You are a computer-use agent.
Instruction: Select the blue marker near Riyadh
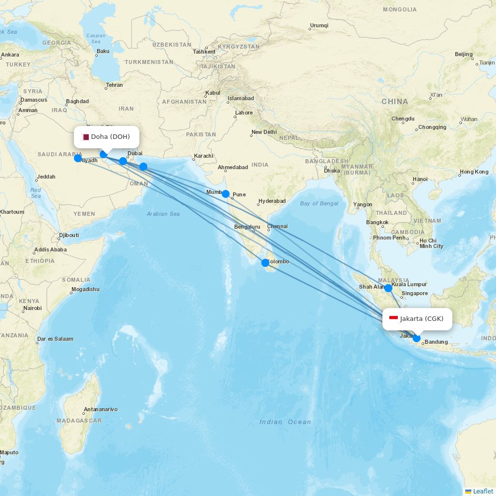pos(78,158)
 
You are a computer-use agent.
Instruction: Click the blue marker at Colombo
pos(265,262)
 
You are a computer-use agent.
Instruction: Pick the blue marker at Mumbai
pos(226,194)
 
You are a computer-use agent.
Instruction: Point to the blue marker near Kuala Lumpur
pos(388,288)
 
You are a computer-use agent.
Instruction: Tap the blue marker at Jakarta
pos(417,339)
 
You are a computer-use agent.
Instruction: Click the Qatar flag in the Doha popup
pos(85,137)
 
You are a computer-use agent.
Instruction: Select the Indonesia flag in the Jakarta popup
pos(394,318)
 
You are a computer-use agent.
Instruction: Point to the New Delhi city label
pos(264,132)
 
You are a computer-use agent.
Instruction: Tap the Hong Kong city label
pos(474,172)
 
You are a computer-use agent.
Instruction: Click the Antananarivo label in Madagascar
pos(101,410)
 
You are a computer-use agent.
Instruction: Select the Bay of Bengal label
pos(319,203)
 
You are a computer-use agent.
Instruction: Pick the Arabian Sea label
pos(163,214)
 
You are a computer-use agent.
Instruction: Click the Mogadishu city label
pos(85,289)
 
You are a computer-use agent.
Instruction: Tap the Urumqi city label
pos(319,25)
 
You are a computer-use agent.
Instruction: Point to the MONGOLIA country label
pos(400,9)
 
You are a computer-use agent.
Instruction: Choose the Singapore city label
pos(415,294)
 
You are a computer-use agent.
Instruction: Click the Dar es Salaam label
pos(55,339)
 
